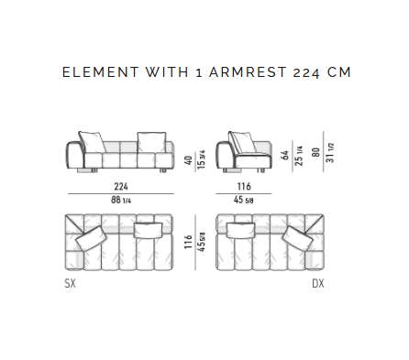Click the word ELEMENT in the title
coord(101,72)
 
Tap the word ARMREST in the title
coord(248,72)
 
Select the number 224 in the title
coord(306,73)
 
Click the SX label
coord(70,283)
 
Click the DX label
coord(318,283)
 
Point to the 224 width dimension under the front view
coord(121,186)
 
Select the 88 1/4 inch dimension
coord(121,200)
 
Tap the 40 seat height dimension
coord(189,160)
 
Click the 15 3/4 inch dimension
coord(201,159)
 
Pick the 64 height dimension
coord(285,155)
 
